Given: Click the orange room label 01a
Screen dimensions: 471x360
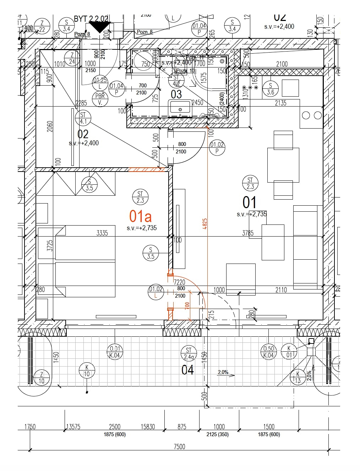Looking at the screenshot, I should (x=140, y=216).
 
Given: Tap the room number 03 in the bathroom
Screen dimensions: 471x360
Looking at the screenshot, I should (x=176, y=94).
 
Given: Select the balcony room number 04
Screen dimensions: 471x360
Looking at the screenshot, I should (x=187, y=370).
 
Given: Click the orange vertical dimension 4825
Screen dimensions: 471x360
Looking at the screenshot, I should (x=205, y=223).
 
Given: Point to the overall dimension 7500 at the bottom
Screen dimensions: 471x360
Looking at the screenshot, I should (x=179, y=446).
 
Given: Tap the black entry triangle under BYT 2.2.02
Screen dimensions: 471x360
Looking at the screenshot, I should (x=99, y=27).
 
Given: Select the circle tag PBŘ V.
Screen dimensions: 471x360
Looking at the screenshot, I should (x=100, y=99).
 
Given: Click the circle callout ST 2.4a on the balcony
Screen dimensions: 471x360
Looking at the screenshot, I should (x=189, y=353).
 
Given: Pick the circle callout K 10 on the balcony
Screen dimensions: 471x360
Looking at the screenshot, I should (x=87, y=370).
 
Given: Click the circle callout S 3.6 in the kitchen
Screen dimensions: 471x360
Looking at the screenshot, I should (x=271, y=89).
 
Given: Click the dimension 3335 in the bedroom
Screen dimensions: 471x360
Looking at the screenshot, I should (x=102, y=233).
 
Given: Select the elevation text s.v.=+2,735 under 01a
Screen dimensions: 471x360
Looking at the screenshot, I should (x=142, y=228).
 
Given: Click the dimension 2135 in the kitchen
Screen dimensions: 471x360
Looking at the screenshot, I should (x=280, y=103).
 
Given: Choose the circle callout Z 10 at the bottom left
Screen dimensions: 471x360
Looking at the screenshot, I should (x=42, y=378).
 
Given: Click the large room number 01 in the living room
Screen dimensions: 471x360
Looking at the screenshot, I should (x=249, y=202).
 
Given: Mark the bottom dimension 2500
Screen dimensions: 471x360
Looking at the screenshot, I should (x=114, y=427).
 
